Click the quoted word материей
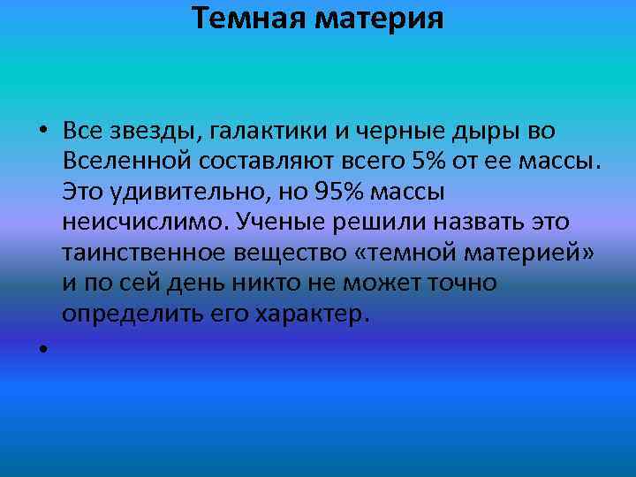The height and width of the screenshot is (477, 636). pos(528,254)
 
